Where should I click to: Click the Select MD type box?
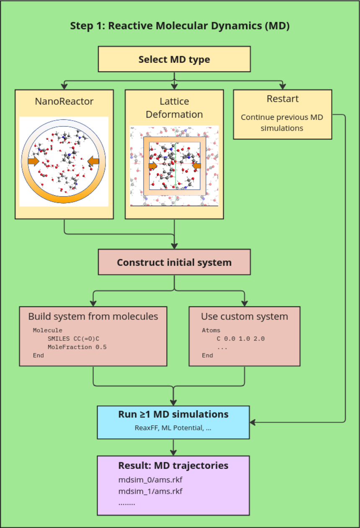point(174,59)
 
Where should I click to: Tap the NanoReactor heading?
point(64,101)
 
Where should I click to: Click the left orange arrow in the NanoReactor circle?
point(33,162)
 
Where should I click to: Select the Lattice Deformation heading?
point(174,108)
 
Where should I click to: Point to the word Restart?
point(283,99)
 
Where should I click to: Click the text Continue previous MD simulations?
point(282,122)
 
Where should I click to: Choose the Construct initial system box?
point(174,263)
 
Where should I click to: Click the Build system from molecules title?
point(93,317)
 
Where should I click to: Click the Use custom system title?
point(244,317)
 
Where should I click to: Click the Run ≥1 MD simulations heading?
point(173,415)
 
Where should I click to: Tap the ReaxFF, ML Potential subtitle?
point(173,428)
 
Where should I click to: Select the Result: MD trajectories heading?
point(173,466)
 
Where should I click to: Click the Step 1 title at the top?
point(180,26)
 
